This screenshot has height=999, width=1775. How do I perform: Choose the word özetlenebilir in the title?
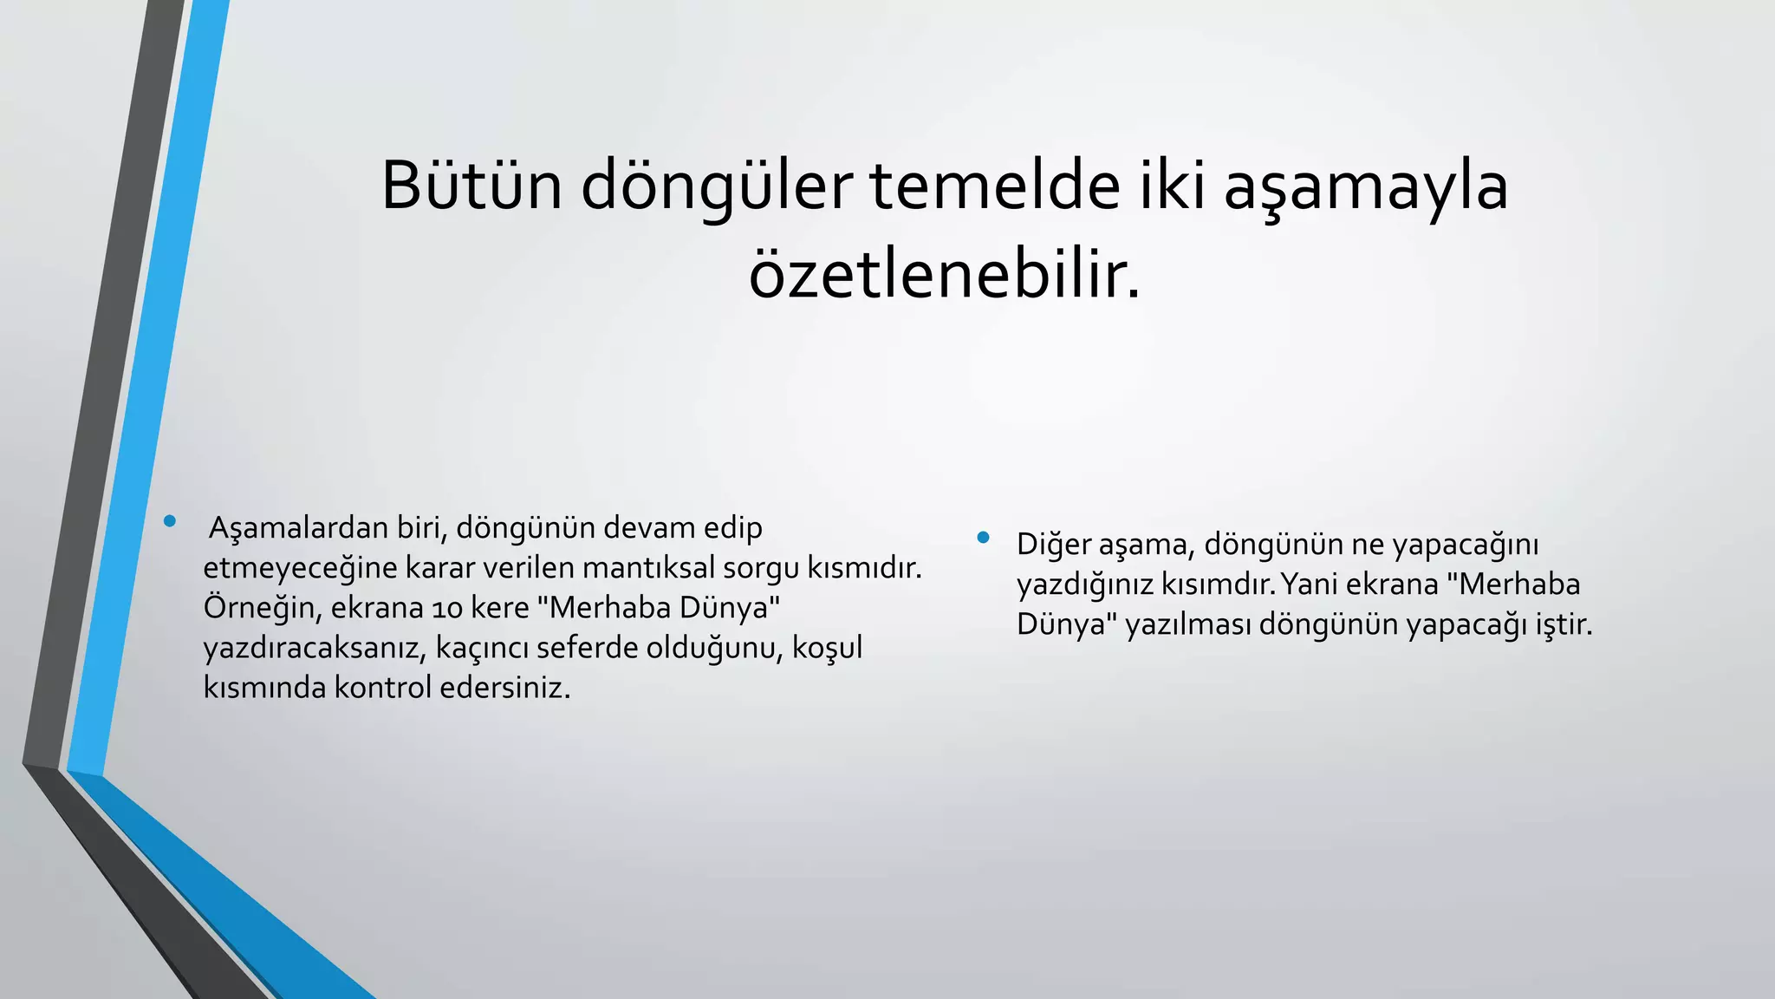pos(945,276)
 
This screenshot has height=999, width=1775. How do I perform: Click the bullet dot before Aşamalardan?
pos(170,521)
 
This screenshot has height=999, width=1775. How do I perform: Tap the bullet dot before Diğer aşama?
pos(983,538)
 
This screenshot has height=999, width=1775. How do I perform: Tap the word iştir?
pos(1564,624)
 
